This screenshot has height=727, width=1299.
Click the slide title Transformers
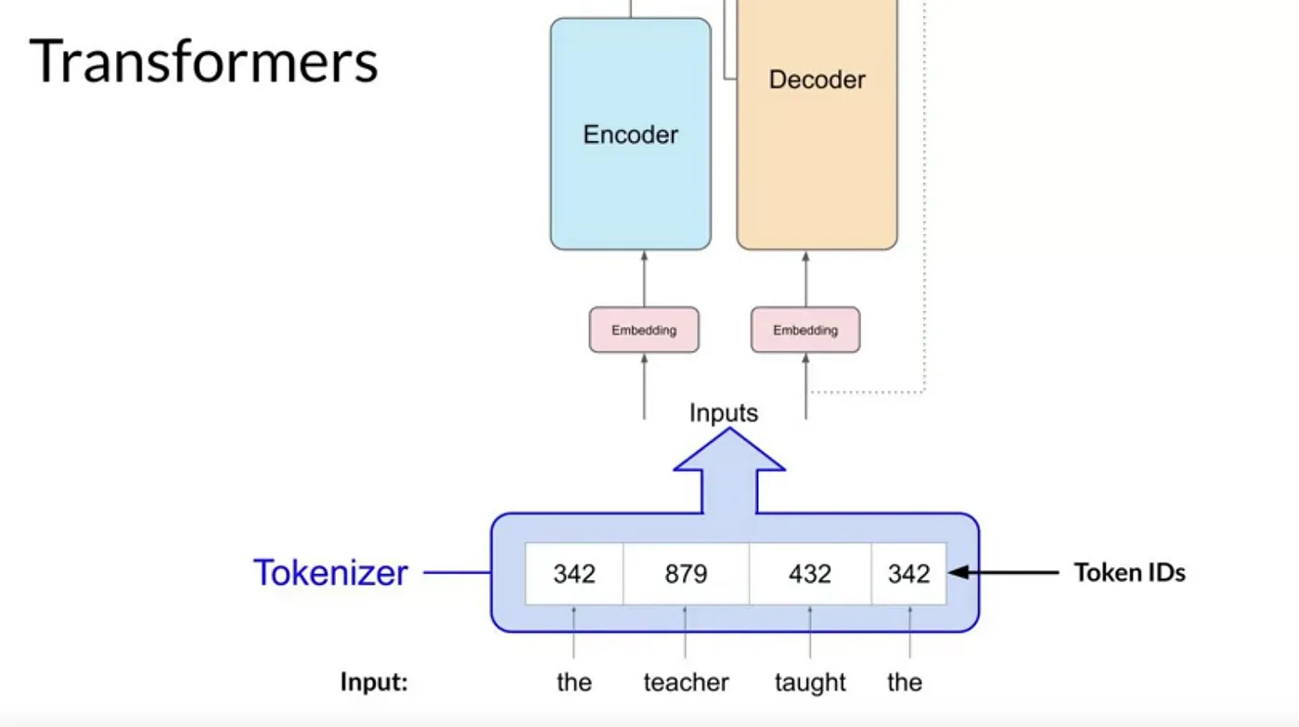tap(204, 62)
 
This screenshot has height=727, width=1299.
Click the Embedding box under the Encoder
tap(644, 330)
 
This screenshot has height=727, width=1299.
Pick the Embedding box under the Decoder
tap(805, 330)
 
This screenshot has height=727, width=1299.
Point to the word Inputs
tap(724, 413)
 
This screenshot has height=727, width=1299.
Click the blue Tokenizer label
tap(330, 573)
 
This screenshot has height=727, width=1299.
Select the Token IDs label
tap(1129, 573)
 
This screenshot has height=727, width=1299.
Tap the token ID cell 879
tap(686, 575)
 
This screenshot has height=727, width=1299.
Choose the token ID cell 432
tap(809, 575)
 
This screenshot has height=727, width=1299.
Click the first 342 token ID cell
tap(574, 575)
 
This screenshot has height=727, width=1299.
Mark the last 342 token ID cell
tap(908, 575)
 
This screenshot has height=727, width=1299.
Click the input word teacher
tap(686, 682)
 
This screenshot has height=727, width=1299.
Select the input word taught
tap(810, 682)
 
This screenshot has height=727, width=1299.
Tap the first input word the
tap(573, 682)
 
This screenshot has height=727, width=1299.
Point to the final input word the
tap(905, 682)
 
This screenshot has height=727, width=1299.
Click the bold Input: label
tap(374, 682)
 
